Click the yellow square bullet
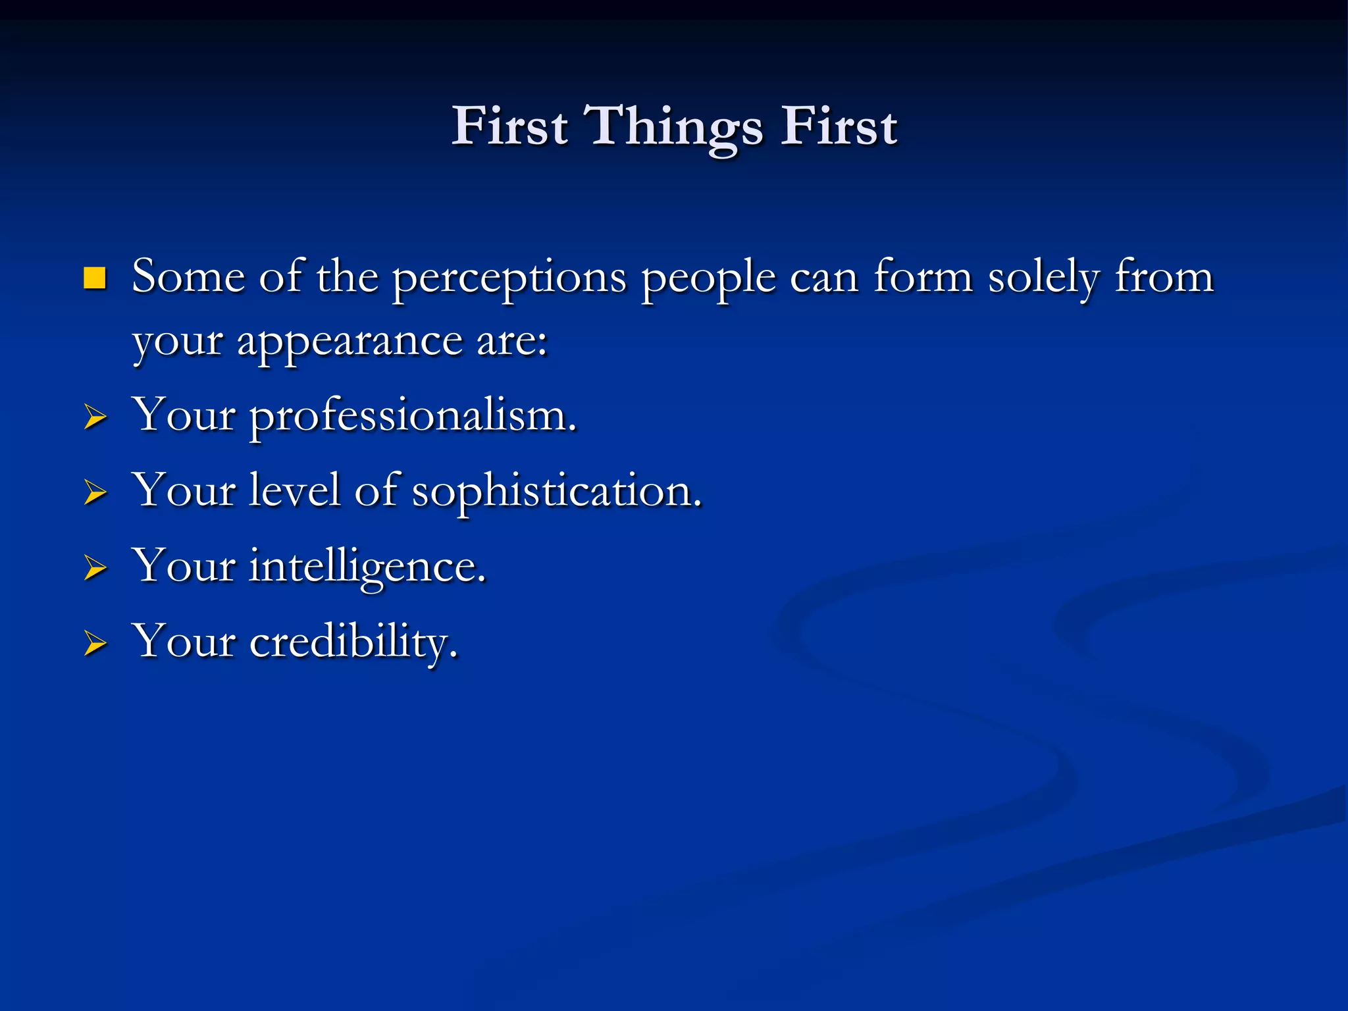click(x=95, y=278)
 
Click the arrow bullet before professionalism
click(x=95, y=417)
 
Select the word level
click(x=295, y=491)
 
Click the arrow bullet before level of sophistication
click(x=95, y=492)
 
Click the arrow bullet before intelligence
click(x=95, y=567)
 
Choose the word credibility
click(x=353, y=642)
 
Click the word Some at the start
click(x=188, y=276)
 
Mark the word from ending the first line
click(x=1164, y=276)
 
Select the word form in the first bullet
click(x=923, y=276)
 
